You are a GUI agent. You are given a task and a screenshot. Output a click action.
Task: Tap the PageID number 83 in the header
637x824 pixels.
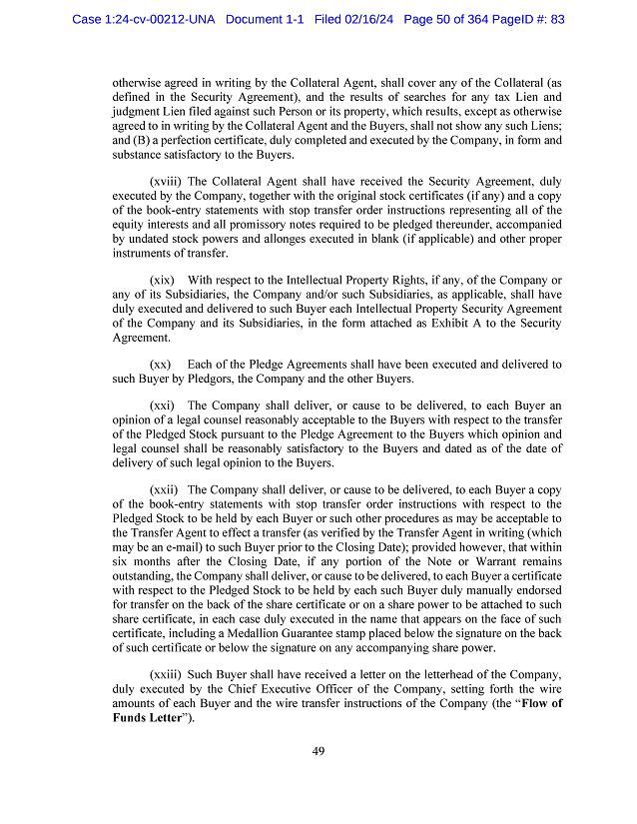click(x=556, y=19)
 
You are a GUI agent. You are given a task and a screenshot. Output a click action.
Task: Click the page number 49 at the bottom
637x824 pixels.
click(x=318, y=752)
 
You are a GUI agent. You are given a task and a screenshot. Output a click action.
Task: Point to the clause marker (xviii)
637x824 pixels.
click(x=167, y=182)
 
